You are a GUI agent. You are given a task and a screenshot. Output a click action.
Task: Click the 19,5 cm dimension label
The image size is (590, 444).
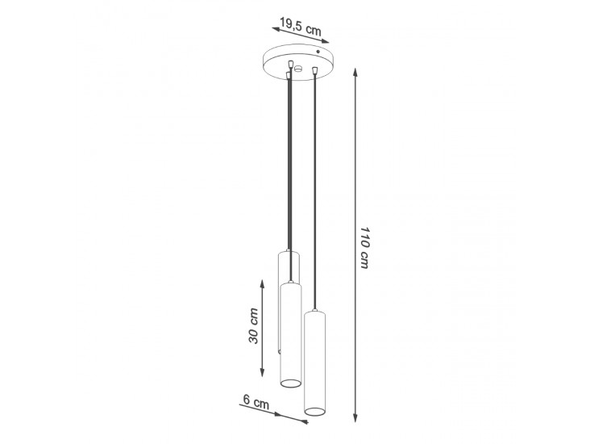[301, 27]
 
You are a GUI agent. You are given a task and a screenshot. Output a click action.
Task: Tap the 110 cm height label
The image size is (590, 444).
[364, 248]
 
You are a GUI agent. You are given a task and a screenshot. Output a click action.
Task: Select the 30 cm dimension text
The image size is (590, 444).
[254, 326]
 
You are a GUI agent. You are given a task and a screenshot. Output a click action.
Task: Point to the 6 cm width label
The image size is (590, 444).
[256, 402]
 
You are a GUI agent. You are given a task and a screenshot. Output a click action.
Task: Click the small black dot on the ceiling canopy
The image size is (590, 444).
[318, 51]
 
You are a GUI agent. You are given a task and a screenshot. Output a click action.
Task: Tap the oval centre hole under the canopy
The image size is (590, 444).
[299, 69]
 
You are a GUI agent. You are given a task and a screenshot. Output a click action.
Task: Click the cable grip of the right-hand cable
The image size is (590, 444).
[314, 70]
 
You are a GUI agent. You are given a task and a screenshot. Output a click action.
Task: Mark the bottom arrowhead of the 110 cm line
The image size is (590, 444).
[355, 417]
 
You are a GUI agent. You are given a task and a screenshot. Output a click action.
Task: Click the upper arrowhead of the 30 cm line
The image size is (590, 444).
[262, 283]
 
